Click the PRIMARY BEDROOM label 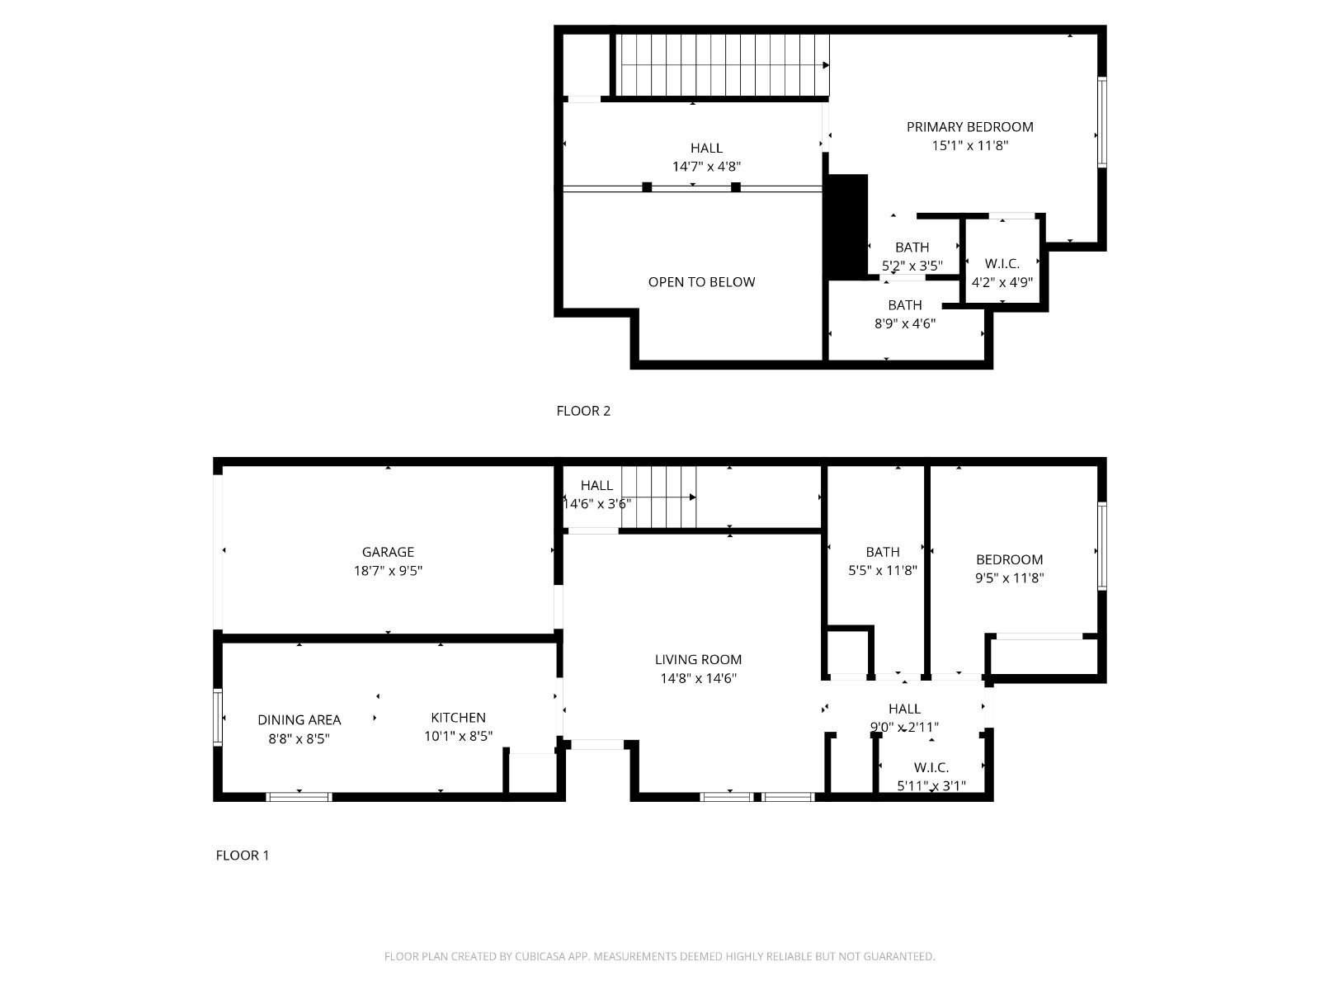point(969,127)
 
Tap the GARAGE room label point(388,552)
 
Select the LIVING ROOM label point(698,659)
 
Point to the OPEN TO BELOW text point(701,282)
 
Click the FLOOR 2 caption point(583,411)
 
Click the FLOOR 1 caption point(243,855)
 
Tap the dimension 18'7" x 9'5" point(388,570)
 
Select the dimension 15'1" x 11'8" point(969,145)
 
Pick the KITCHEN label point(458,717)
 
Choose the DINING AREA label point(299,719)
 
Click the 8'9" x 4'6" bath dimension point(904,323)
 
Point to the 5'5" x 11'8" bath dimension point(882,570)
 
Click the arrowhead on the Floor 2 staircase point(827,65)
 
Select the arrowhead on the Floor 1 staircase point(693,497)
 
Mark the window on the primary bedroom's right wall point(1101,122)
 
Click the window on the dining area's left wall point(218,717)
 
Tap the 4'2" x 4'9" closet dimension point(1002,282)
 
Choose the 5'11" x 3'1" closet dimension point(931,785)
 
